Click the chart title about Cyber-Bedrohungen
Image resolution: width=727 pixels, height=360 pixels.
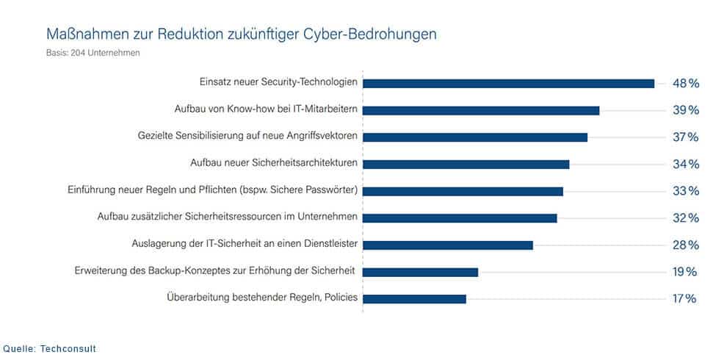pos(242,35)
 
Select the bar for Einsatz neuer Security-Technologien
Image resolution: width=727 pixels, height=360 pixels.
pos(508,83)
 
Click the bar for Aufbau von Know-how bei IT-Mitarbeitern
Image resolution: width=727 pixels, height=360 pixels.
pos(481,110)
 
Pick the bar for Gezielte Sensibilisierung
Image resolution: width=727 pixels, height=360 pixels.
pos(475,137)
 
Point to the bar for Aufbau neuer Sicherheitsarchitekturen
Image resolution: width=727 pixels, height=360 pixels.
pos(466,164)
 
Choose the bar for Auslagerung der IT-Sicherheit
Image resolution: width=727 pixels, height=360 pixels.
pos(448,245)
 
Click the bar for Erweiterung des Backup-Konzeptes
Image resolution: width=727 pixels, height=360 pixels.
pos(421,272)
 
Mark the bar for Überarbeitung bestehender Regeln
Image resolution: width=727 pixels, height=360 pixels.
pos(415,298)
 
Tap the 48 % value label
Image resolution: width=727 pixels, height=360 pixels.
pos(685,84)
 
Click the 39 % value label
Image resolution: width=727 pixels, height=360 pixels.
pos(685,110)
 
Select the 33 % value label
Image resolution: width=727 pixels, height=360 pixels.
pos(685,191)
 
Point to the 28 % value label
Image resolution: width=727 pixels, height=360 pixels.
pos(685,245)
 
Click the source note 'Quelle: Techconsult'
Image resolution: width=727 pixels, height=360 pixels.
pos(50,348)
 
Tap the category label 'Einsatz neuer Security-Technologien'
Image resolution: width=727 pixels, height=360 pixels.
pos(278,82)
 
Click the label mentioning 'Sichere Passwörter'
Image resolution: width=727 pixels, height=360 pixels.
pos(211,190)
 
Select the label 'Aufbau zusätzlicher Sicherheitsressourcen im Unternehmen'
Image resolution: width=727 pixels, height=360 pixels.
pos(228,217)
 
